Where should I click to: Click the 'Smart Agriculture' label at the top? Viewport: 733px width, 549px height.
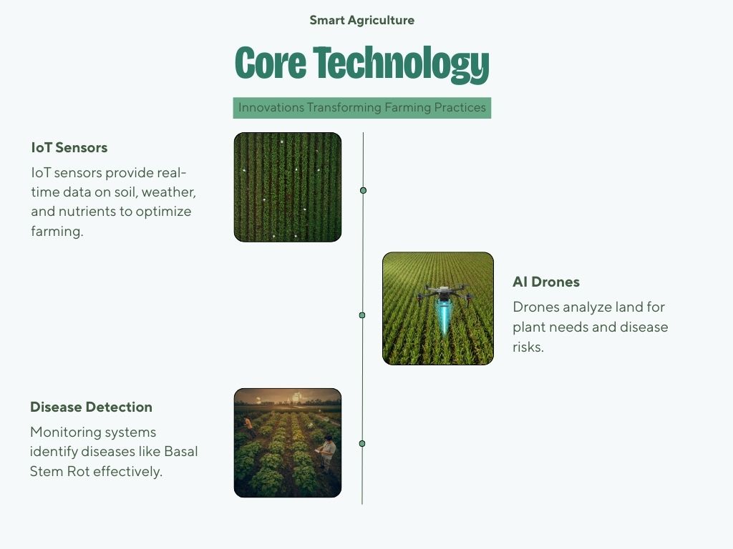(361, 20)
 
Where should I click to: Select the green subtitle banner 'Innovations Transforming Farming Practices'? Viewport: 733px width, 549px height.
(361, 108)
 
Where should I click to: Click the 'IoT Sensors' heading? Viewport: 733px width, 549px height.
(69, 148)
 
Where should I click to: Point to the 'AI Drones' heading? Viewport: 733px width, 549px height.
(545, 282)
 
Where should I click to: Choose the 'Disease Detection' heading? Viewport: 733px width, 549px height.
(91, 407)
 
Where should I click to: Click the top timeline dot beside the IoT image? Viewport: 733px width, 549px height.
(363, 190)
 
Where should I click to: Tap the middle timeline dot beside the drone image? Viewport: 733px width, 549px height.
(362, 315)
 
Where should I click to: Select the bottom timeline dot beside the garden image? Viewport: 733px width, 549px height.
(362, 444)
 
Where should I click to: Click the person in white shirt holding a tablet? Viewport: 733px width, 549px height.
(328, 450)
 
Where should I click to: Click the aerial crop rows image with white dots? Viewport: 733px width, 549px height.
(287, 187)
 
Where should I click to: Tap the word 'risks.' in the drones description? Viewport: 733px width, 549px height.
(528, 347)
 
